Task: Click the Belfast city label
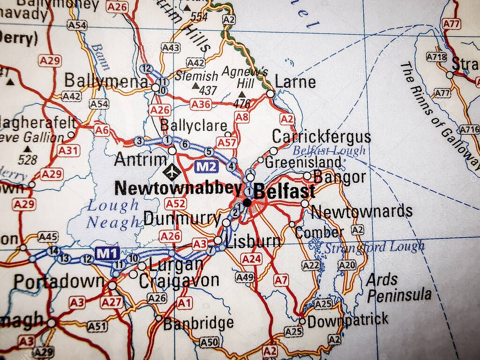point(284,192)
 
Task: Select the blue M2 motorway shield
point(206,166)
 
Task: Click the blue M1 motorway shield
point(107,253)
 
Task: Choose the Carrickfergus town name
point(321,137)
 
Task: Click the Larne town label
point(295,82)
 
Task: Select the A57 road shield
point(226,142)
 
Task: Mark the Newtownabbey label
point(178,188)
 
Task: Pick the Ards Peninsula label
point(398,288)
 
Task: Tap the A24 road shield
point(251,258)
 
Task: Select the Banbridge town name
point(199,322)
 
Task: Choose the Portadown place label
point(59,282)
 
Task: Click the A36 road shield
point(200,104)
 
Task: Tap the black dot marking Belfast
point(247,202)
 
